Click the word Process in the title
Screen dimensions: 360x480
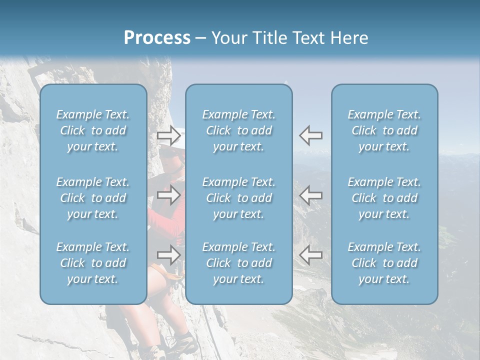click(157, 38)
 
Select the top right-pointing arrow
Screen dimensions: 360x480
click(169, 135)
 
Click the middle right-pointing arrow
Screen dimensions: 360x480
click(169, 194)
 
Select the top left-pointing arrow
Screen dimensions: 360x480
click(311, 135)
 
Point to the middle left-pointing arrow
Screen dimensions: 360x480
click(311, 194)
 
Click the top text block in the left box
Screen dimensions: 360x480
click(93, 130)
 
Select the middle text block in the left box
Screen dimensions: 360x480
click(93, 198)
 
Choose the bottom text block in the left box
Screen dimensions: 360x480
click(93, 263)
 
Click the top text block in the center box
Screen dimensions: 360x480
click(239, 130)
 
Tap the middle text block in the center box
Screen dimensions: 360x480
click(239, 198)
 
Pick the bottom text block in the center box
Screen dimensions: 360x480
click(239, 263)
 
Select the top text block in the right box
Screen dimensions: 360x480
click(384, 130)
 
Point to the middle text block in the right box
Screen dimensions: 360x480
click(384, 198)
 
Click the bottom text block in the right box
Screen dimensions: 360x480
click(384, 263)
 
